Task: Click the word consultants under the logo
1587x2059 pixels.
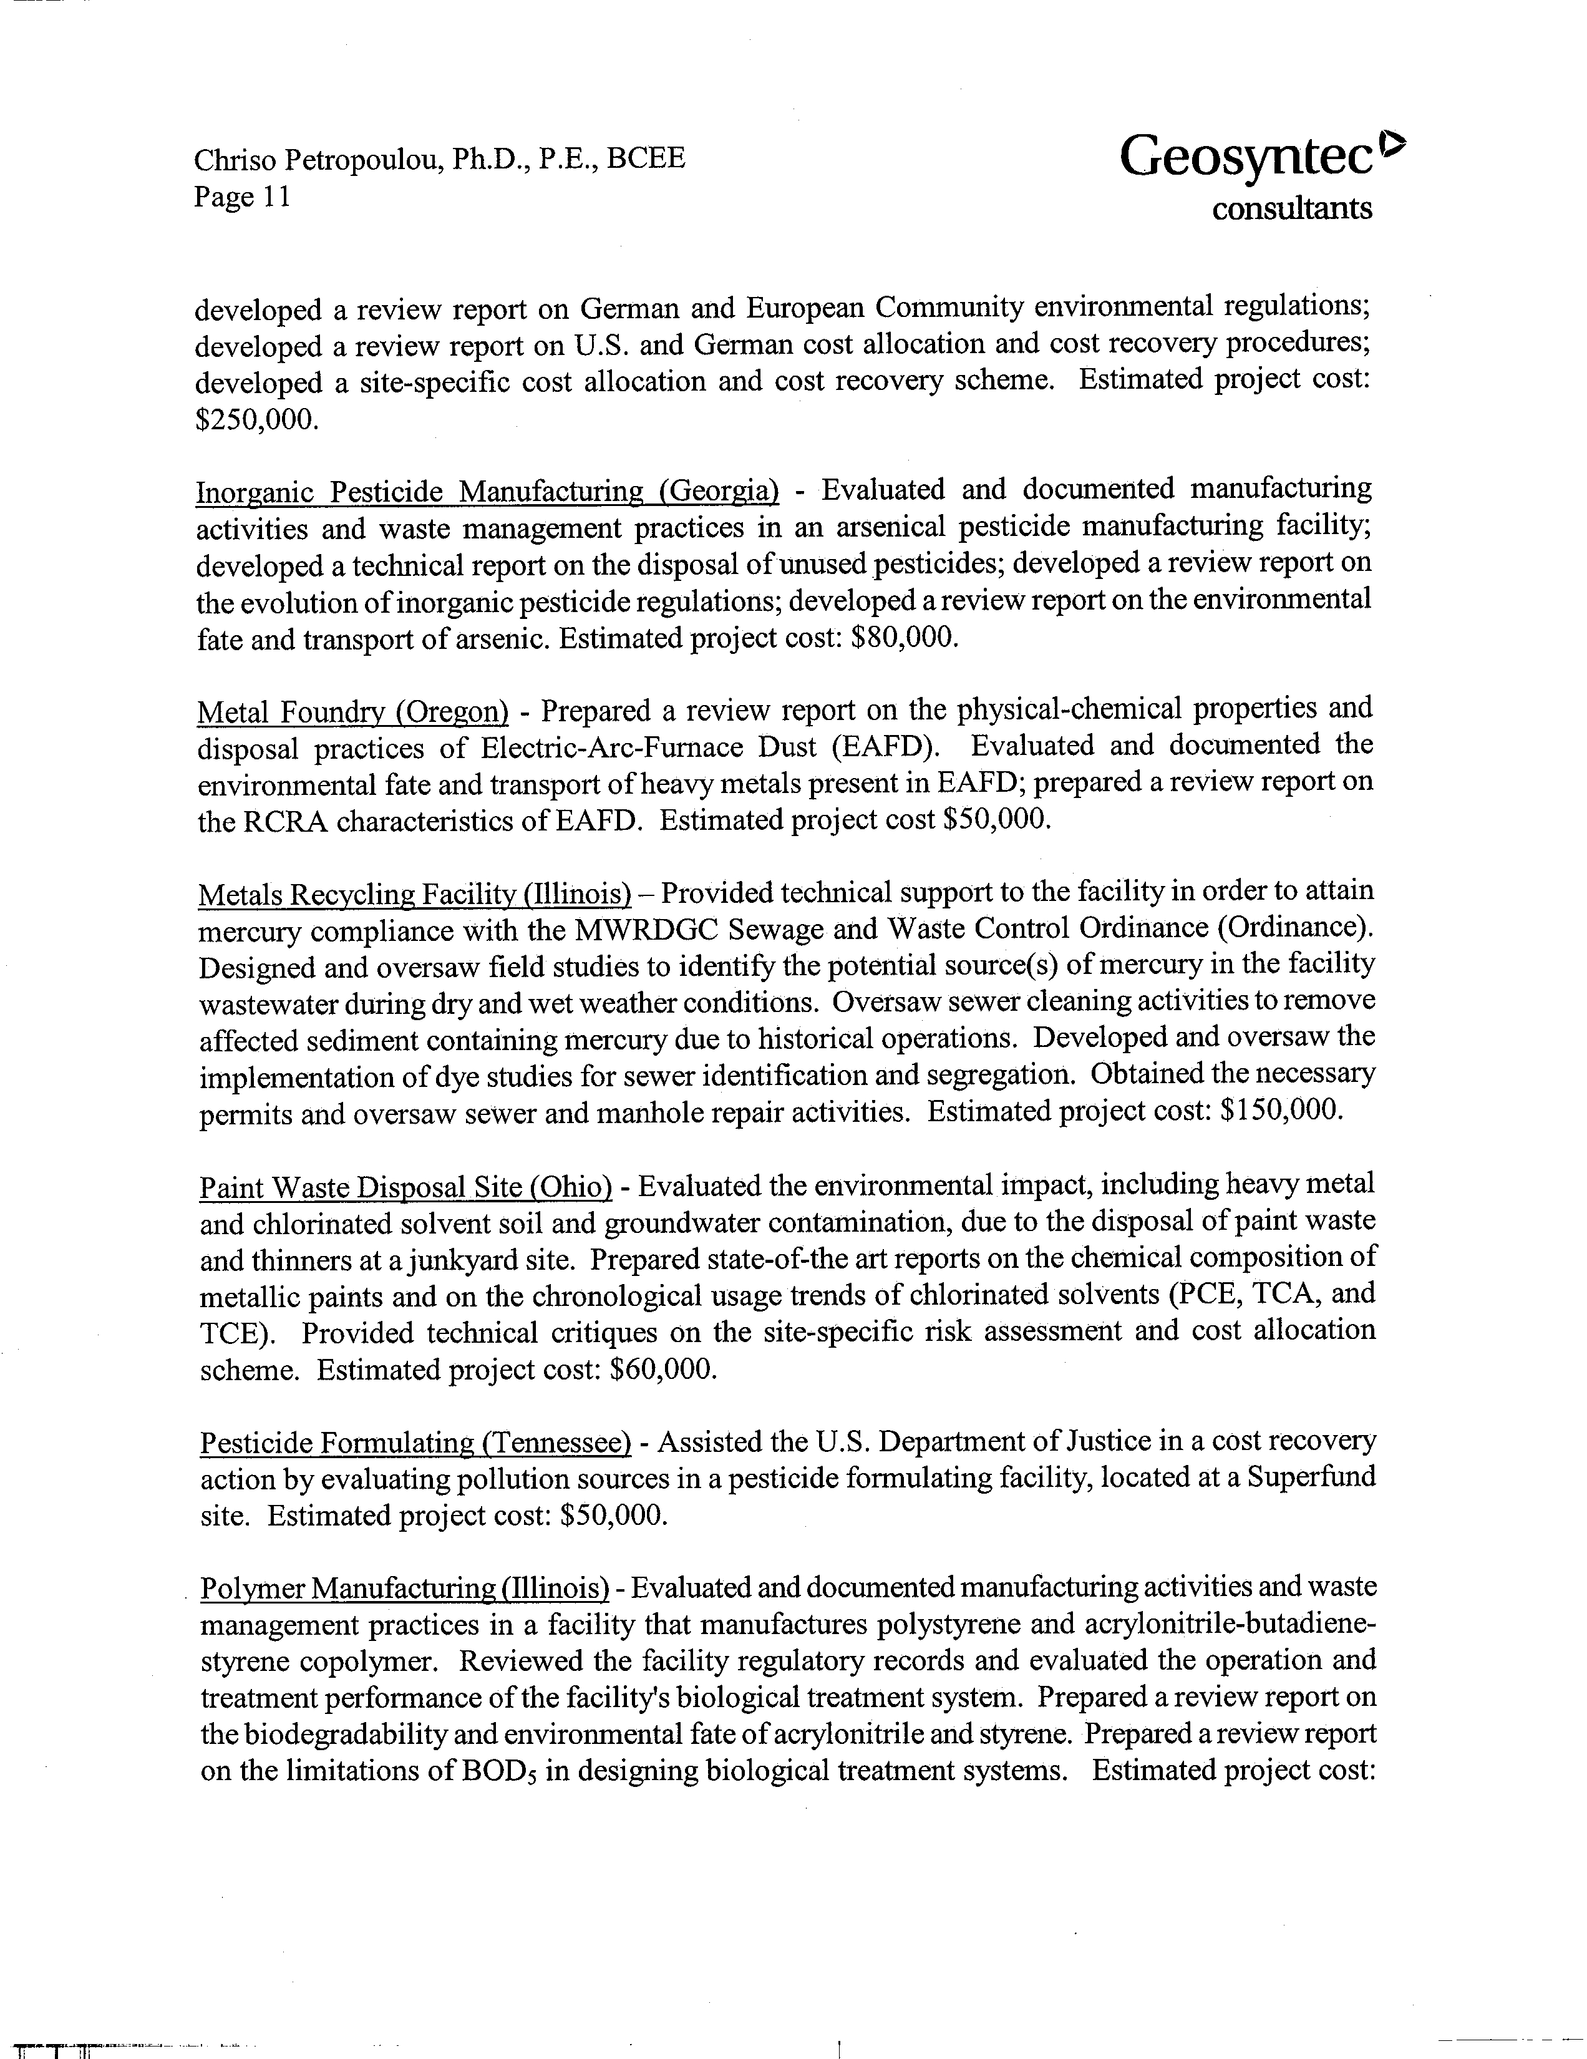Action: click(1291, 208)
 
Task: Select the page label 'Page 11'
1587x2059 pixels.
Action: click(241, 197)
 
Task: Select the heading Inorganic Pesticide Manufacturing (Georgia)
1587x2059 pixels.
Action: click(487, 491)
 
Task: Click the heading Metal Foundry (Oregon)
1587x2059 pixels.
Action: click(352, 712)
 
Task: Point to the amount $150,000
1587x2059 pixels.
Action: click(1281, 1111)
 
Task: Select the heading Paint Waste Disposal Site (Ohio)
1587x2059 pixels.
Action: click(405, 1187)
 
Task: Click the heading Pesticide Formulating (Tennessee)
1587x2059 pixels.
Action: click(415, 1443)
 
